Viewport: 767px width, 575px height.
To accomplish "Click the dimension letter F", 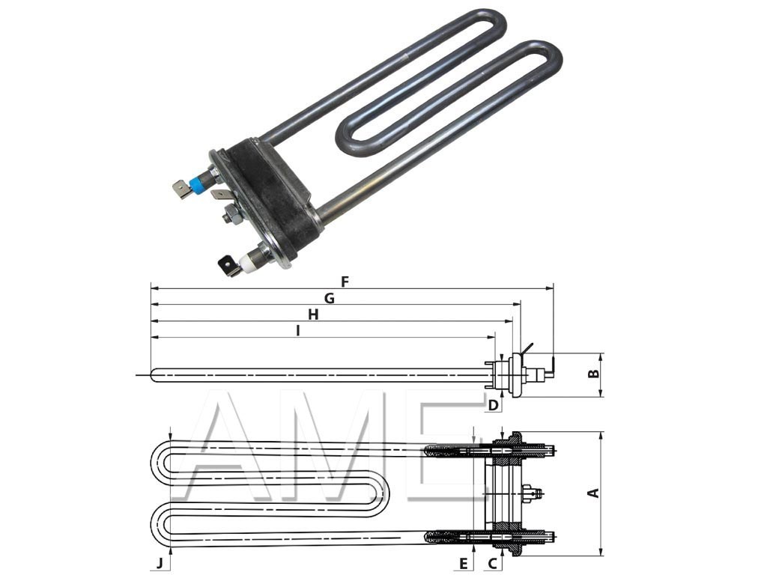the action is click(345, 282).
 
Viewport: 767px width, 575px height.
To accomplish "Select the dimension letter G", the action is click(330, 298).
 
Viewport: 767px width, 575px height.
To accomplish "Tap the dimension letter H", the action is click(313, 314).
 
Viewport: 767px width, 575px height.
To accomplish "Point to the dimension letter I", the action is click(298, 331).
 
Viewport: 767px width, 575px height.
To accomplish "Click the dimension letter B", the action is click(593, 374).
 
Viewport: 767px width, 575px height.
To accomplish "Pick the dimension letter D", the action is click(494, 405).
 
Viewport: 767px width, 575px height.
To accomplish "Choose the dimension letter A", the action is click(593, 493).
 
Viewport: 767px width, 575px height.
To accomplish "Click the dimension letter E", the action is click(463, 564).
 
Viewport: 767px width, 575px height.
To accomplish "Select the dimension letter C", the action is click(493, 564).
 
